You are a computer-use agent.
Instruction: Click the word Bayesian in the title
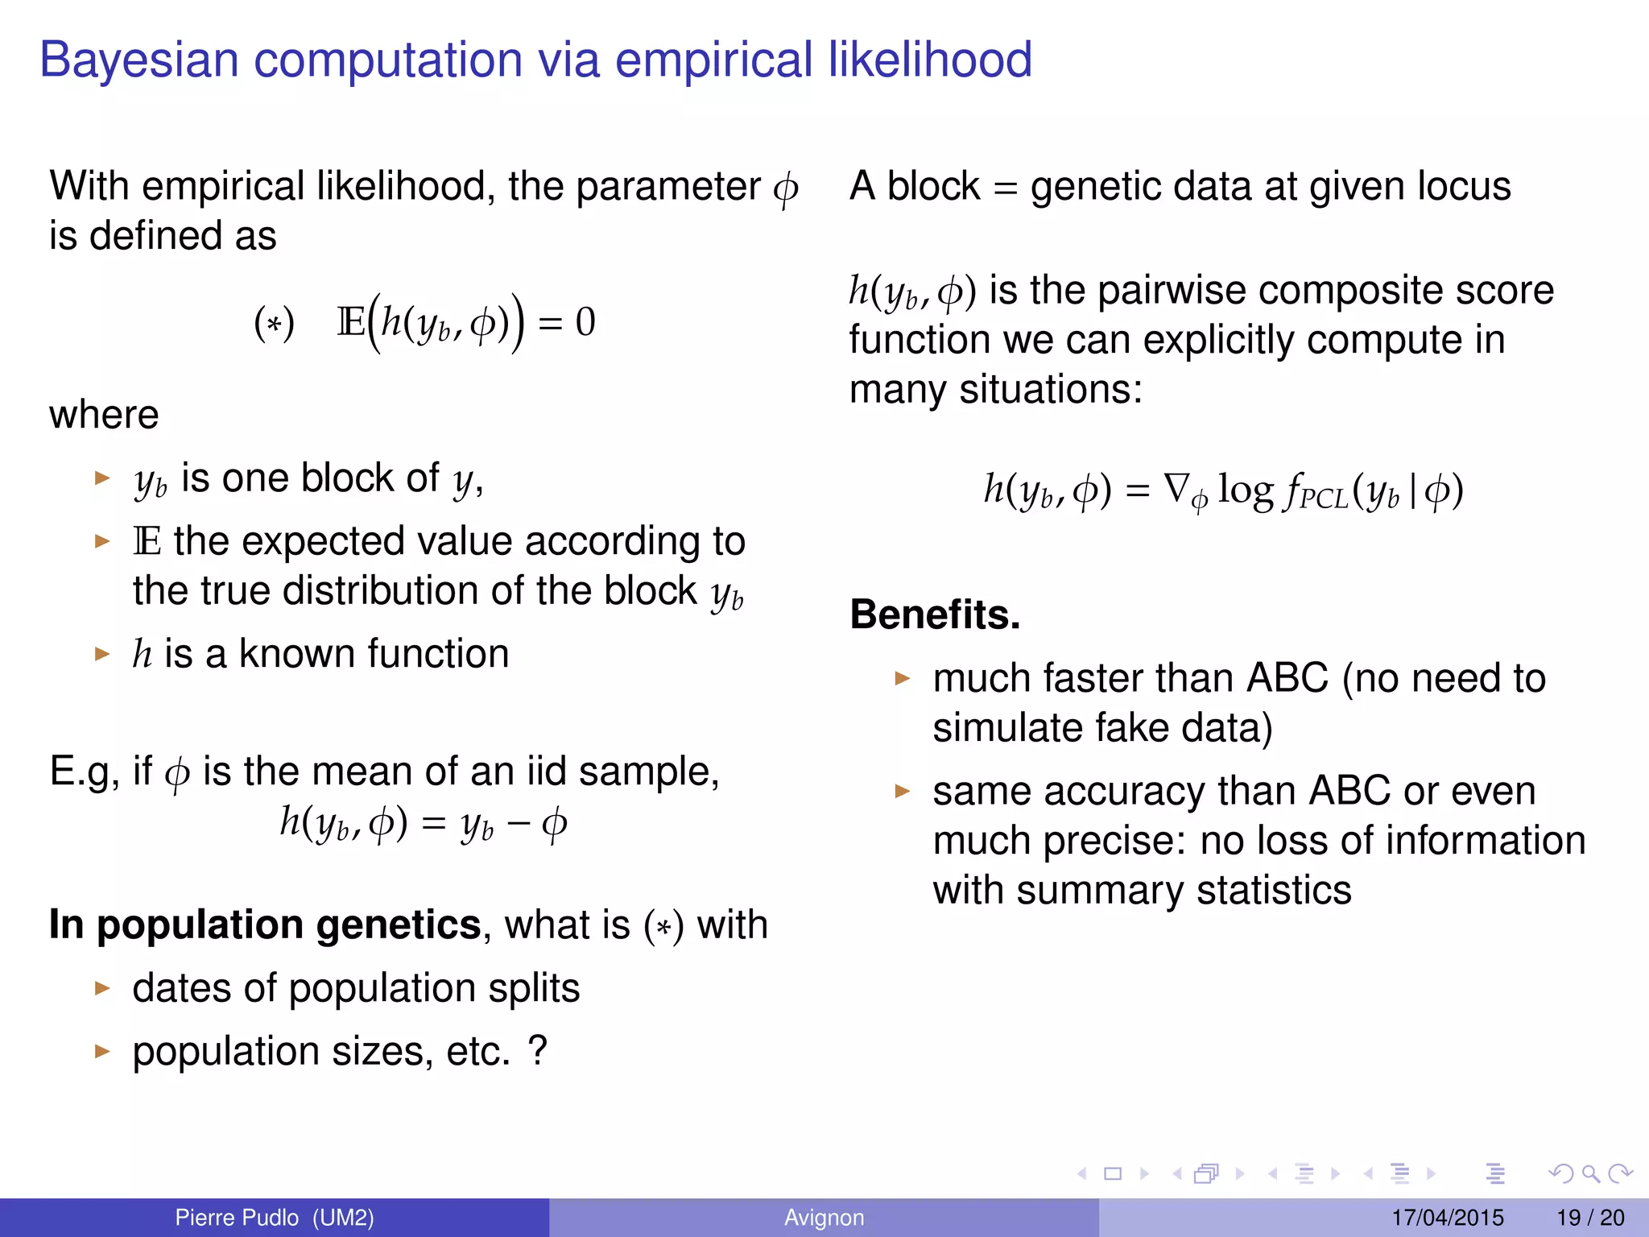tap(138, 60)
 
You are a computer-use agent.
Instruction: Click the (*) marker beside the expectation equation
tap(274, 324)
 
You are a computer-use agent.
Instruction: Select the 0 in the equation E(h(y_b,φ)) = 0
tap(585, 322)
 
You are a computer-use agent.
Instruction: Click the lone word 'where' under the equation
tap(104, 416)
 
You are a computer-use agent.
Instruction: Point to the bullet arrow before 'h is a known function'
tap(101, 653)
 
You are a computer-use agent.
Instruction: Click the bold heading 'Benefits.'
tap(935, 614)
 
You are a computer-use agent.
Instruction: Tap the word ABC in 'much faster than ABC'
tap(1287, 678)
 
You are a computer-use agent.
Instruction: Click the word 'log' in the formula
tap(1246, 490)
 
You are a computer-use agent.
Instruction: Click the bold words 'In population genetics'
tap(265, 925)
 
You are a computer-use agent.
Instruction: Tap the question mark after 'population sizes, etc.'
tap(538, 1051)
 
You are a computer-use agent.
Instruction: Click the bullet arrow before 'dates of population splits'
tap(101, 988)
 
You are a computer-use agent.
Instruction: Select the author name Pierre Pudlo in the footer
tap(237, 1218)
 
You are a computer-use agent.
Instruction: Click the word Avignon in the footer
tap(824, 1218)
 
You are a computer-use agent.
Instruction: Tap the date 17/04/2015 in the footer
tap(1447, 1218)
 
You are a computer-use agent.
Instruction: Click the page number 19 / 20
tap(1590, 1218)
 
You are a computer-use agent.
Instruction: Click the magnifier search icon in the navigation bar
tap(1590, 1174)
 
